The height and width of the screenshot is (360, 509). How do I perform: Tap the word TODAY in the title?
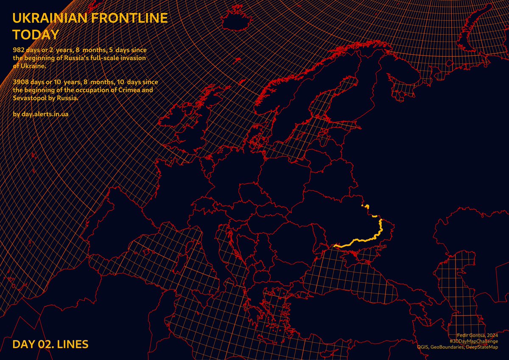[35, 34]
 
